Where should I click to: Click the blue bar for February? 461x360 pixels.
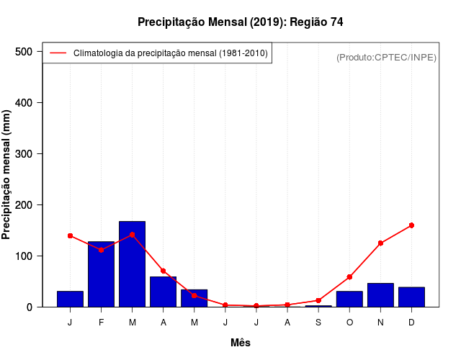click(x=101, y=274)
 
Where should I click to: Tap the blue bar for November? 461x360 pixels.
click(x=380, y=295)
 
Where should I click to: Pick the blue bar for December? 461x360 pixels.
click(x=411, y=297)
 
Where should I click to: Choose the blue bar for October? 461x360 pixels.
click(x=349, y=299)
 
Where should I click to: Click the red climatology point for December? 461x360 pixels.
click(x=411, y=225)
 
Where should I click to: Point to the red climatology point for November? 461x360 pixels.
click(x=380, y=243)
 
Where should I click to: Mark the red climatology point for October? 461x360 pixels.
click(x=349, y=277)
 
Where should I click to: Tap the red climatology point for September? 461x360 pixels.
click(x=318, y=300)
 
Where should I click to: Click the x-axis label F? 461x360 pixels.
click(x=101, y=323)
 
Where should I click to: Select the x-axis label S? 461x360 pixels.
click(x=318, y=323)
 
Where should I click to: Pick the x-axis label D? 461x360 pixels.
click(x=411, y=323)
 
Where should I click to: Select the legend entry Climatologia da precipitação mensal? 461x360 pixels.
click(x=170, y=53)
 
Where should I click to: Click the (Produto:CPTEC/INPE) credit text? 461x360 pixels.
click(x=386, y=57)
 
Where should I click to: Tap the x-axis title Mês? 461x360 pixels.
click(x=240, y=343)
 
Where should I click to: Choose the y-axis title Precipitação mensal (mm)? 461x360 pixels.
click(x=7, y=175)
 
